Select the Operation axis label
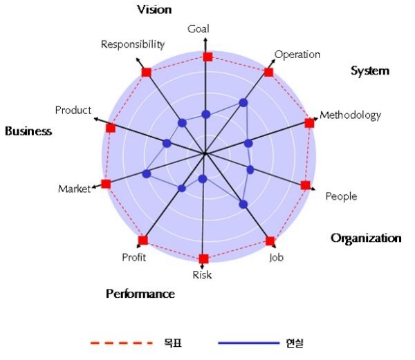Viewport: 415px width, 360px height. click(297, 55)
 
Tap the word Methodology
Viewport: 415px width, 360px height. click(350, 115)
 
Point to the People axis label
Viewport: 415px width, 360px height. click(341, 197)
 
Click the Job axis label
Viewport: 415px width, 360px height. click(276, 258)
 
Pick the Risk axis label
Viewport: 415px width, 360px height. click(202, 275)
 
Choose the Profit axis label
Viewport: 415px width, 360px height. click(133, 258)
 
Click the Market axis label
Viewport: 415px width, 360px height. click(74, 189)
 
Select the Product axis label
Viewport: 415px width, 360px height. click(73, 111)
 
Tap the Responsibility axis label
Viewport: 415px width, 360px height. click(133, 45)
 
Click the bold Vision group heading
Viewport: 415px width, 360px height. click(154, 9)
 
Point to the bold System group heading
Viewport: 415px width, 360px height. click(370, 70)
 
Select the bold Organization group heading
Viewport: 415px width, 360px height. click(366, 238)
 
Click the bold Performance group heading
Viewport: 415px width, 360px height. click(140, 294)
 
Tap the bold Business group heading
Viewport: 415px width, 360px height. click(28, 131)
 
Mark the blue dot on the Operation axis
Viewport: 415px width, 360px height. click(243, 102)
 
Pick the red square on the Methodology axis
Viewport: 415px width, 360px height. click(309, 123)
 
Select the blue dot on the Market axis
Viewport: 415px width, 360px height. click(146, 173)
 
